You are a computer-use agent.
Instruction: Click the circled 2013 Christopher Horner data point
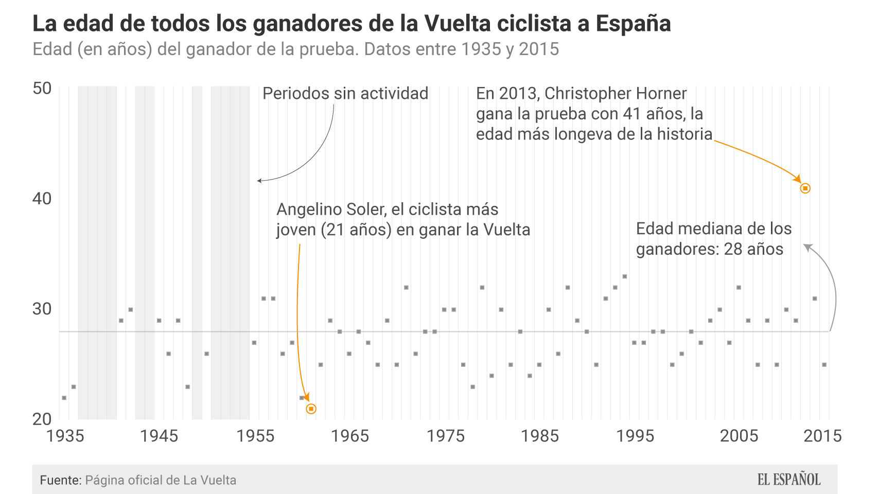tap(805, 188)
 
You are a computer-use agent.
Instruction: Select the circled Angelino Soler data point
tap(311, 409)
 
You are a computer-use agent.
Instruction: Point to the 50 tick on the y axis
tap(42, 89)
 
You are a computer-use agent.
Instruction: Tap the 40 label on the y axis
tap(42, 199)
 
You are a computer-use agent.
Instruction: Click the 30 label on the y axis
tap(42, 309)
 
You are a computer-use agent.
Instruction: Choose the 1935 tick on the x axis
tap(65, 436)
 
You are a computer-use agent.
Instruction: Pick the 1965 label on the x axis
tap(350, 436)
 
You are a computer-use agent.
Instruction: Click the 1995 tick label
tap(635, 436)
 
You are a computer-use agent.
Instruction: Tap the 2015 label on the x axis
tap(822, 436)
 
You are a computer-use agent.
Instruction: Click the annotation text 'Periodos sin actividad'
tap(345, 94)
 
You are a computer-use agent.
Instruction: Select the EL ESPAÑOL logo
tap(789, 480)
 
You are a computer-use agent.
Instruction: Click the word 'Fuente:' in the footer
tap(61, 480)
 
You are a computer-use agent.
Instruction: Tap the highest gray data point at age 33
tap(625, 276)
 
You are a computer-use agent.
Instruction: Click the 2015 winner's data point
tap(824, 365)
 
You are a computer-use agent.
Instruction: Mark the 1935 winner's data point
tap(64, 398)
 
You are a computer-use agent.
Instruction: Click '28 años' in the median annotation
tap(753, 250)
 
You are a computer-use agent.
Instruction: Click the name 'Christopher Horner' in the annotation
tap(616, 94)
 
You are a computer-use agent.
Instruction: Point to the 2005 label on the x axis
tap(739, 436)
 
